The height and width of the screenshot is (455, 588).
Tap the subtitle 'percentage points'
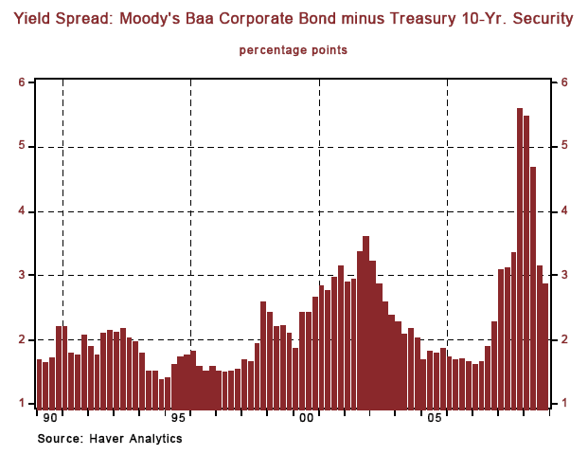click(x=293, y=49)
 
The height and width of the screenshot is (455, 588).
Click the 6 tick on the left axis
click(x=21, y=82)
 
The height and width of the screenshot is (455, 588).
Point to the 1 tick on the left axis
click(x=21, y=404)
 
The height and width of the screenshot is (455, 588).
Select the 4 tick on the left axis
click(x=21, y=211)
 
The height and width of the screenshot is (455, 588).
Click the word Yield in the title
click(x=34, y=18)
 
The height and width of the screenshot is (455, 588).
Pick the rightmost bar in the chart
click(x=545, y=347)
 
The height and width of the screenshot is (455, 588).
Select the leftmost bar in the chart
click(x=39, y=385)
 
